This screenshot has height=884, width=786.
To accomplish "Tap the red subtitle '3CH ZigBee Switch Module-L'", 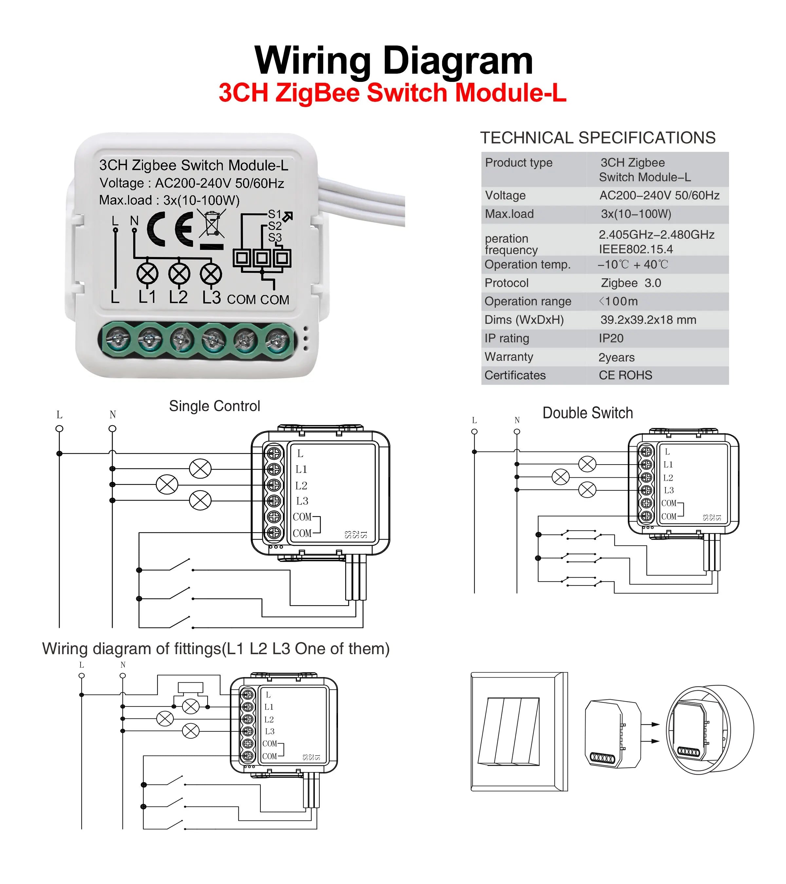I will tap(393, 93).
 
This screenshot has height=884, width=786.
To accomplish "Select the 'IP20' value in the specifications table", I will tap(611, 339).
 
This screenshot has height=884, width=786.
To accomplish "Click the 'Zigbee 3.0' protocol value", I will tap(631, 283).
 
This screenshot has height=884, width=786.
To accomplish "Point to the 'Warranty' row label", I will tap(509, 357).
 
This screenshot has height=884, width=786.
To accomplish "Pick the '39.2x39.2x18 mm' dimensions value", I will tap(648, 320).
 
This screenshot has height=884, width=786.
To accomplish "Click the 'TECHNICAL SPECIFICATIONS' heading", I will tap(598, 138).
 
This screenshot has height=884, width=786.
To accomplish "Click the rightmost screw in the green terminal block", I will tap(277, 340).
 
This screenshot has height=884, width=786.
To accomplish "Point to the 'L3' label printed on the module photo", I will tap(212, 298).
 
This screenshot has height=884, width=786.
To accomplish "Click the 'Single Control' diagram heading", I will tap(215, 406).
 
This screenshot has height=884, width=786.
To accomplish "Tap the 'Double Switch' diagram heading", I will tap(588, 413).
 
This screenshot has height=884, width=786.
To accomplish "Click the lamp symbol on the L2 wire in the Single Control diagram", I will tap(167, 484).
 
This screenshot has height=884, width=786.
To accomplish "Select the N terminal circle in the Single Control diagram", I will tap(112, 429).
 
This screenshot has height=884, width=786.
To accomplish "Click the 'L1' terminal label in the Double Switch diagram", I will tap(668, 465).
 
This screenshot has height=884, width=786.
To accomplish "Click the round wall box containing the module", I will tap(709, 729).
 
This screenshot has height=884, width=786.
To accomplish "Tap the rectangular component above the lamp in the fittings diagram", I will tap(190, 688).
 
